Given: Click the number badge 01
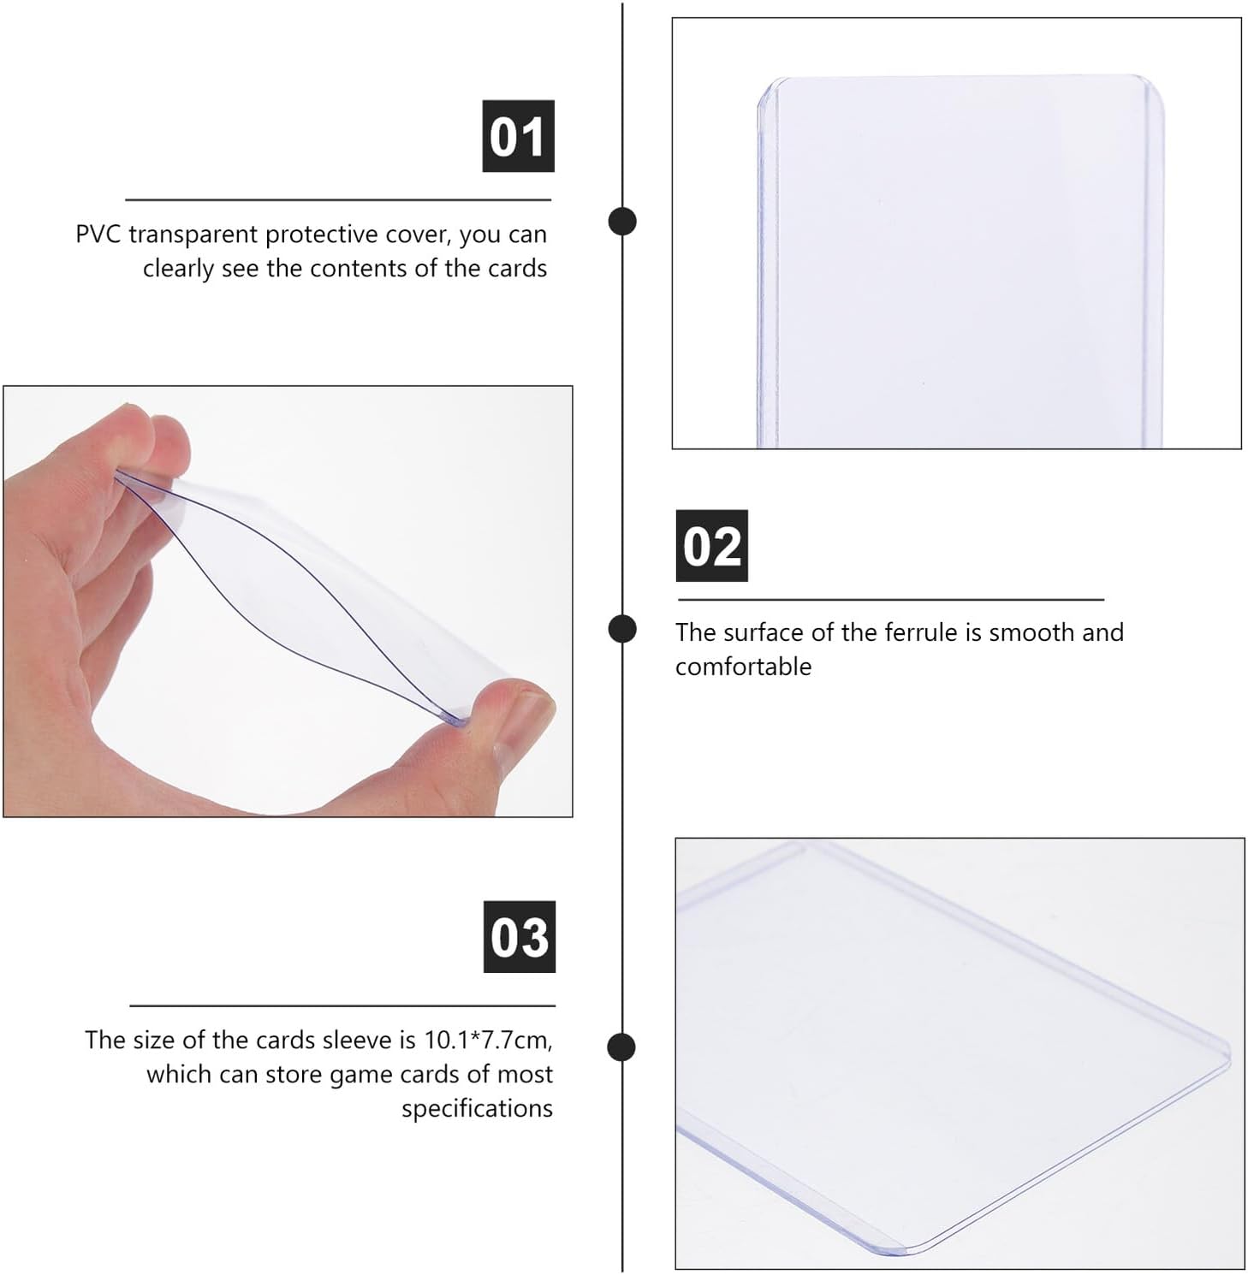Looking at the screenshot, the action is click(518, 136).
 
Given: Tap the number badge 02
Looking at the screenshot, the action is click(711, 546).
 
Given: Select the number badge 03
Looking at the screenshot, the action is click(520, 937).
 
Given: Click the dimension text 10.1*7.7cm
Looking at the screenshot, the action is click(488, 1041).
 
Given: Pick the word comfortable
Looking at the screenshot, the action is click(743, 667).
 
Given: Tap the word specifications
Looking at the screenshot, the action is click(477, 1109).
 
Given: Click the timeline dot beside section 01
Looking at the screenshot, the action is click(622, 221).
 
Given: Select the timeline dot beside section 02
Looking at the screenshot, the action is click(622, 629).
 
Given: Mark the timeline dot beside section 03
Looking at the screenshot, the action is click(622, 1047).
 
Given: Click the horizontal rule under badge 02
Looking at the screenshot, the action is click(891, 600).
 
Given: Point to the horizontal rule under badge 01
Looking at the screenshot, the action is click(338, 199).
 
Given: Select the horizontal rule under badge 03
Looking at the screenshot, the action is click(342, 1005).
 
